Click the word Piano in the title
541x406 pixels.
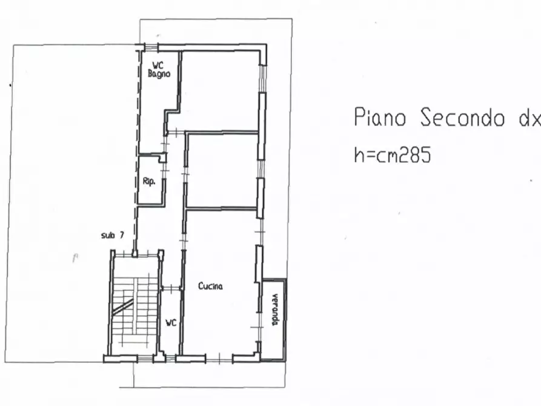[x=380, y=118]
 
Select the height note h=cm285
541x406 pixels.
[x=392, y=155]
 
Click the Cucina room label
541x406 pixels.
[x=210, y=286]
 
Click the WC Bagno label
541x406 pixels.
[x=159, y=70]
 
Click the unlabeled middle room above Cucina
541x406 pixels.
[x=222, y=170]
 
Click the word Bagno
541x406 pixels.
[x=159, y=74]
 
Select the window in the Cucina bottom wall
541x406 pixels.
[x=220, y=359]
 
